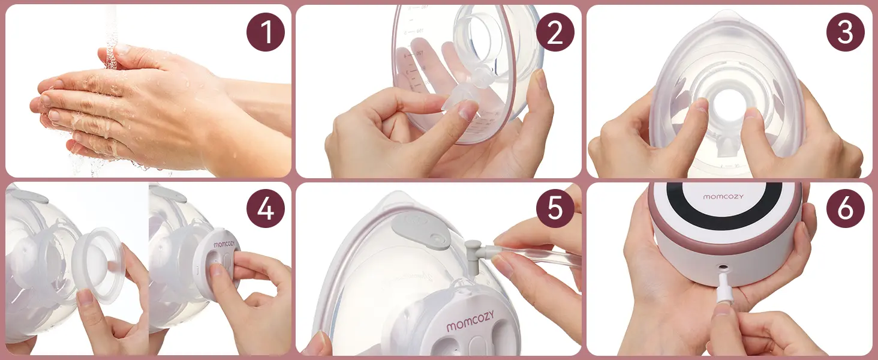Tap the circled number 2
pyautogui.click(x=555, y=32)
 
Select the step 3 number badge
pyautogui.click(x=846, y=32)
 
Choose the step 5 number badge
pyautogui.click(x=555, y=210)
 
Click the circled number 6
pyautogui.click(x=846, y=210)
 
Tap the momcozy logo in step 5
pyautogui.click(x=471, y=326)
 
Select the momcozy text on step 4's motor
pyautogui.click(x=225, y=245)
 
